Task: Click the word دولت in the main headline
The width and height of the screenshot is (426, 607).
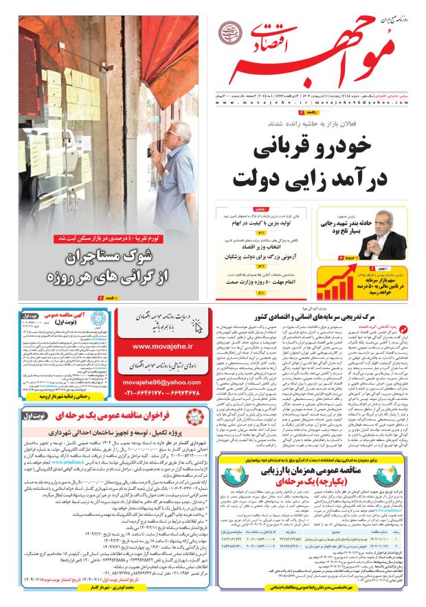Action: [x=255, y=179]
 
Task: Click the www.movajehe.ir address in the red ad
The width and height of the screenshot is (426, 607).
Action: [x=162, y=347]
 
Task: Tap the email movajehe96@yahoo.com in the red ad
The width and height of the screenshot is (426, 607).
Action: [x=162, y=381]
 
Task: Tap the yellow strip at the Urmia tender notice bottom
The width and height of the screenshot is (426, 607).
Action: [x=54, y=396]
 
